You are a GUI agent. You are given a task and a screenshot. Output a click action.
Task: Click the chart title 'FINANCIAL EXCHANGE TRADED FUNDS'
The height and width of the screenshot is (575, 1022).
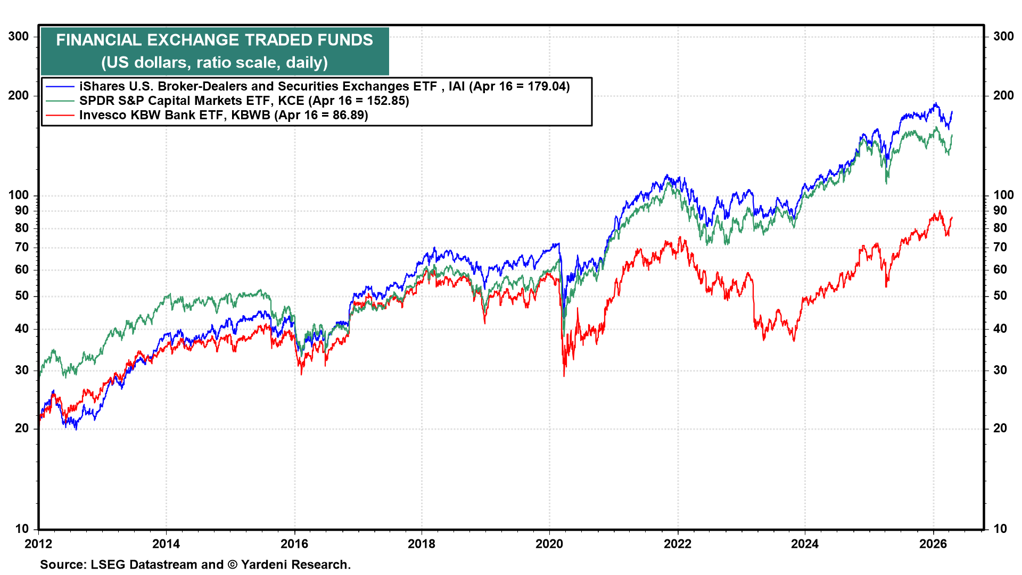[x=215, y=40]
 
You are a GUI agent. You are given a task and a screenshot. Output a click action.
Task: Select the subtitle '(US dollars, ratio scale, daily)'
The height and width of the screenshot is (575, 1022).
[x=215, y=62]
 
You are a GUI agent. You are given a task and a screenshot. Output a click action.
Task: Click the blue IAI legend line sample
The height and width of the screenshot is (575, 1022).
[x=60, y=86]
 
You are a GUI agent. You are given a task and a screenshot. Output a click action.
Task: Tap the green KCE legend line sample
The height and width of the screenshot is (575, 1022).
[x=60, y=101]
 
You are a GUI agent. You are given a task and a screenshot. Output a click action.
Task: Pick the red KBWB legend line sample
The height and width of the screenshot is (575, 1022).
[x=60, y=115]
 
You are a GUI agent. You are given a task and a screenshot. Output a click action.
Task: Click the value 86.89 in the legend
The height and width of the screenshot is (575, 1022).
[x=348, y=115]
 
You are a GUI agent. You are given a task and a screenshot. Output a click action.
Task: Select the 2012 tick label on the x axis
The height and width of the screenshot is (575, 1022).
[x=38, y=544]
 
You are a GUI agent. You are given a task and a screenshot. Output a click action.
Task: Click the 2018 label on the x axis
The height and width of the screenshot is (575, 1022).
[x=422, y=544]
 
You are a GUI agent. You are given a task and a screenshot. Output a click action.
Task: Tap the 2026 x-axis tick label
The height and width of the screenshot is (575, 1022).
[x=933, y=544]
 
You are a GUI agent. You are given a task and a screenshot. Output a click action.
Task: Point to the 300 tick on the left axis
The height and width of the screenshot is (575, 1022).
[x=19, y=36]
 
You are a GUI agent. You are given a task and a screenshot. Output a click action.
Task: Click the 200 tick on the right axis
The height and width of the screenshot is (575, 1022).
[x=1003, y=95]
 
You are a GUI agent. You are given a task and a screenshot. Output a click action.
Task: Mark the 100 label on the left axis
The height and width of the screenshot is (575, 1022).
[x=19, y=195]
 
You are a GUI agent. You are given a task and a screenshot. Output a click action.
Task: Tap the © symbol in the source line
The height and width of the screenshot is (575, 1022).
[x=233, y=564]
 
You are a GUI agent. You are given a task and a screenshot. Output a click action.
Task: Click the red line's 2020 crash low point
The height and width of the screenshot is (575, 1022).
[x=564, y=376]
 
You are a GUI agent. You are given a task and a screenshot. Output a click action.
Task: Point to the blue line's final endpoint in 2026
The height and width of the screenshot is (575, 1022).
[x=952, y=112]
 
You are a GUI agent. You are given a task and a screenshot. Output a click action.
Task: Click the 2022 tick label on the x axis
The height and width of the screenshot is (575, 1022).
[x=678, y=544]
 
